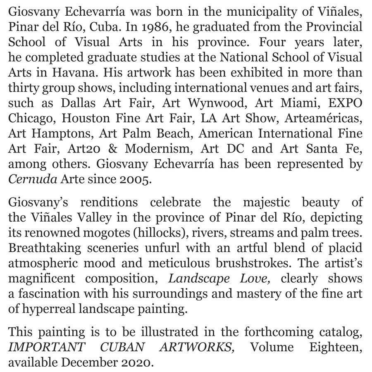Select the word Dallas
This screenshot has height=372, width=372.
click(x=74, y=103)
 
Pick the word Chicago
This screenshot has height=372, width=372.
click(x=31, y=118)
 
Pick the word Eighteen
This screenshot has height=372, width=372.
click(x=336, y=347)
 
